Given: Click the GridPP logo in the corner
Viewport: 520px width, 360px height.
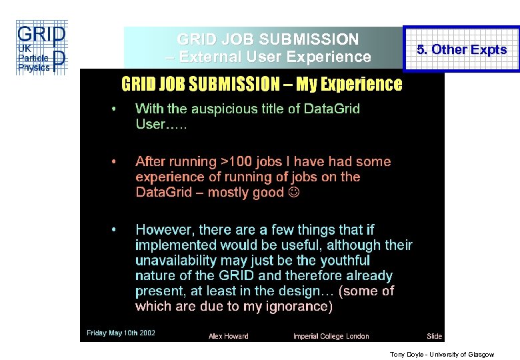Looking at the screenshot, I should [41, 47].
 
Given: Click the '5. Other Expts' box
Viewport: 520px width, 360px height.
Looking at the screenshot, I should [461, 49].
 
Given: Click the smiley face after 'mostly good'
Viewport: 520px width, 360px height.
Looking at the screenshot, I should [294, 193].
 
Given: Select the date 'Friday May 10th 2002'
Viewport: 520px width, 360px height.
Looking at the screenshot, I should [121, 333].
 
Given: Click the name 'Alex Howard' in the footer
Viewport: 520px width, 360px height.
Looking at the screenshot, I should [228, 336].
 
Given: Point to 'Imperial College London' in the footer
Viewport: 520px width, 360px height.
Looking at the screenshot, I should [331, 336].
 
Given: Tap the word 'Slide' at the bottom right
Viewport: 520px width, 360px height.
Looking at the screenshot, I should [434, 336].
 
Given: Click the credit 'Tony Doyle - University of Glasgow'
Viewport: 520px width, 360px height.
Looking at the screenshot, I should [441, 355].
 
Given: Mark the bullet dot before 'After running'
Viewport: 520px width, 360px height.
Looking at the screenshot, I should [114, 161].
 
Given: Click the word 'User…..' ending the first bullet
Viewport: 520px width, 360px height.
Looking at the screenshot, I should [161, 125].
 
